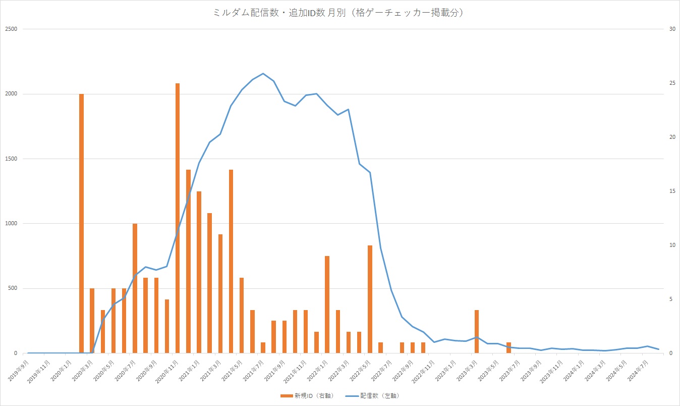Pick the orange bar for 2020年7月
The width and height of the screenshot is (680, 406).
[135, 288]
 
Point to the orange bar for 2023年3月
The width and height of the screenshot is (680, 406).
[477, 331]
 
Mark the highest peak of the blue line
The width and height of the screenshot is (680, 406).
[263, 74]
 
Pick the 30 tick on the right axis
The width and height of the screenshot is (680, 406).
[672, 29]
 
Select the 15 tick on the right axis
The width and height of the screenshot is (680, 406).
[672, 191]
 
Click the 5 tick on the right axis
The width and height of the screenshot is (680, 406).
[670, 299]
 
